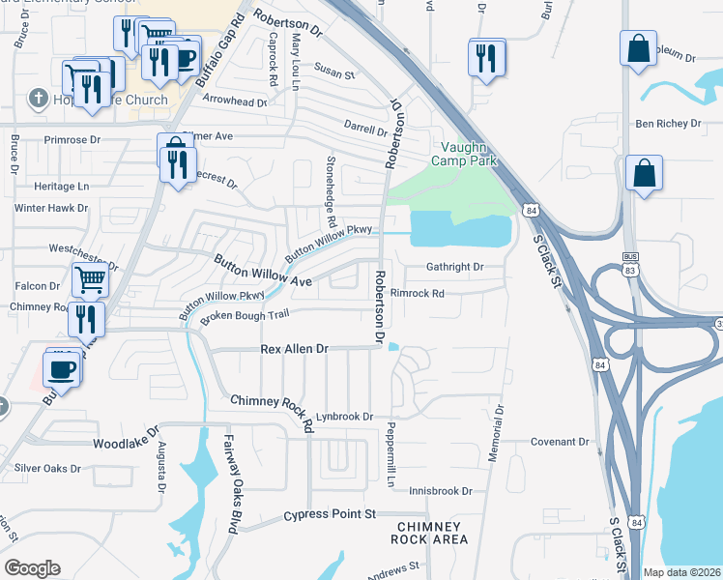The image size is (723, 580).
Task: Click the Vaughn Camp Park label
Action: [x=469, y=154]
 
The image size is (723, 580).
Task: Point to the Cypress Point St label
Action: [x=329, y=515]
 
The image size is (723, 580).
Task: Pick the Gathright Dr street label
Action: [x=453, y=267]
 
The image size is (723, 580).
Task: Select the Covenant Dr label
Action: [x=560, y=442]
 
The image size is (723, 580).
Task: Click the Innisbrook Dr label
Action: [x=439, y=491]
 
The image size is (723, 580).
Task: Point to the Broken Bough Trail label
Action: [x=245, y=315]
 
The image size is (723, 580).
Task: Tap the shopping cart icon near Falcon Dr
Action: [x=91, y=279]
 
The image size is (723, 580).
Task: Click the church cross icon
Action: [x=38, y=98]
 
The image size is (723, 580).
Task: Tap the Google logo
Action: [x=32, y=567]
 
